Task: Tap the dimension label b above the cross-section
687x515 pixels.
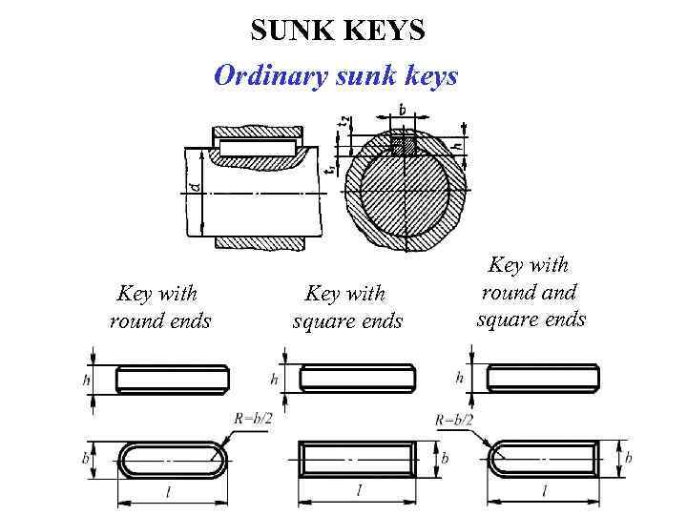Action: coord(402,111)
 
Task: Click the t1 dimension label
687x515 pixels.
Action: coord(329,168)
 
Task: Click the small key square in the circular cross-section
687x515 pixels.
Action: coord(405,146)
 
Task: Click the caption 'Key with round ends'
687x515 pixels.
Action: coord(159,307)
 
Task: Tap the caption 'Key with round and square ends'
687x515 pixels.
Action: coord(531,291)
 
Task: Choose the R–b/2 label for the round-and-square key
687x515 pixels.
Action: coord(455,418)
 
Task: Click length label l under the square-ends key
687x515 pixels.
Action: coord(358,490)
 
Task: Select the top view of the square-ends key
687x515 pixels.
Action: coord(358,459)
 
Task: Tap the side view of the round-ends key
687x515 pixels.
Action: coord(172,379)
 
